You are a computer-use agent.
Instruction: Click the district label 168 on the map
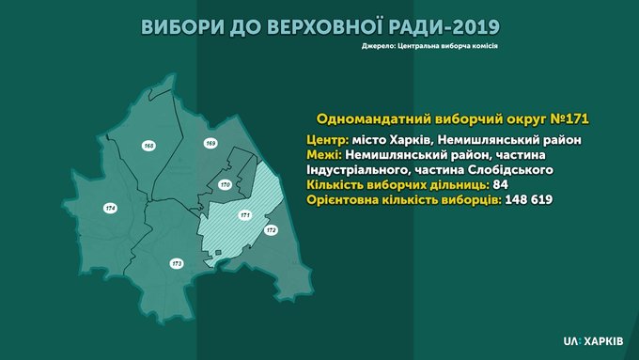[x=148, y=146]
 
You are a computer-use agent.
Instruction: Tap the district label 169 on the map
[x=210, y=143]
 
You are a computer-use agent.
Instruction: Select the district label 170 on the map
[x=225, y=184]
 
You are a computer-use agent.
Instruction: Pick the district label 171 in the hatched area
[x=244, y=215]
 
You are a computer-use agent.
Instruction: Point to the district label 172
[x=271, y=230]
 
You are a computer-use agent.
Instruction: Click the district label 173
[x=177, y=264]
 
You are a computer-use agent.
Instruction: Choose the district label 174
[x=110, y=208]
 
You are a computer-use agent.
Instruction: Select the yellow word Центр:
[x=328, y=140]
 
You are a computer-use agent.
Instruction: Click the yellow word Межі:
[x=324, y=155]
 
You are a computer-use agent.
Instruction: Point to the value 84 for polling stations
[x=501, y=184]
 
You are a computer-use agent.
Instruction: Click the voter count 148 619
[x=529, y=199]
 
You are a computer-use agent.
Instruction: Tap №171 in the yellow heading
[x=569, y=118]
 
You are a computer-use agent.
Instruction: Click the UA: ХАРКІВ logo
[x=593, y=341]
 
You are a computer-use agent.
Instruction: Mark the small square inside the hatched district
[x=218, y=253]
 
